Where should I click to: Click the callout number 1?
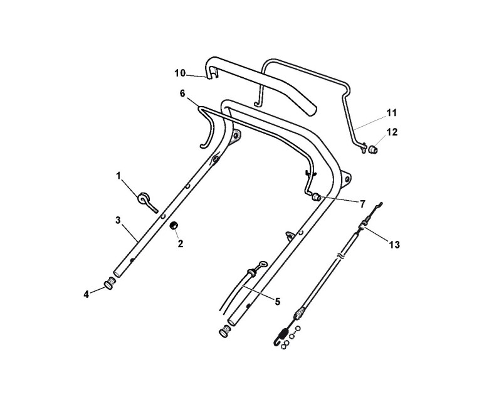tap(118, 176)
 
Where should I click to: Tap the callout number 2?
tap(181, 244)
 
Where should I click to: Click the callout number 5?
tap(276, 300)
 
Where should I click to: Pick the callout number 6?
tap(182, 93)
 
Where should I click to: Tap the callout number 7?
tap(362, 203)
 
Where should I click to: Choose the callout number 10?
tap(180, 73)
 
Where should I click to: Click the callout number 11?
tap(392, 113)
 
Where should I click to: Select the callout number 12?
tap(392, 132)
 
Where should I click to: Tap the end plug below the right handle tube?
tap(223, 331)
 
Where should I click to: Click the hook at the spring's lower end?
tap(277, 343)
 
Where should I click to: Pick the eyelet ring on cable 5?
tap(263, 265)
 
